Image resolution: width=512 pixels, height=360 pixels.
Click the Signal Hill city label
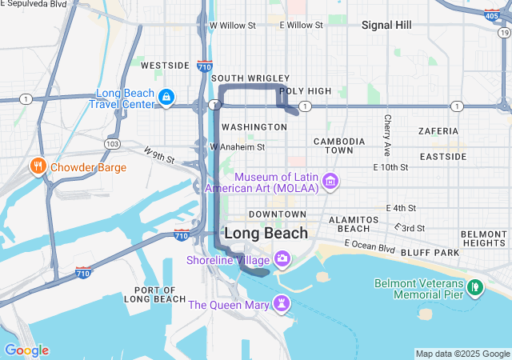[x=386, y=25]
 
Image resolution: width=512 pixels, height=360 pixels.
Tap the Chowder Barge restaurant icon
[x=37, y=167]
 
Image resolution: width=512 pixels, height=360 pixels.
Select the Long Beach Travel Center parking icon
[x=166, y=98]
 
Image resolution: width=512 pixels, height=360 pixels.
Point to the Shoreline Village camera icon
[x=282, y=259]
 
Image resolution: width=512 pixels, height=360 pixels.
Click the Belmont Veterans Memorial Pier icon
[x=475, y=286]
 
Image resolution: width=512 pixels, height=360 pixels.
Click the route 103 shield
[x=112, y=144]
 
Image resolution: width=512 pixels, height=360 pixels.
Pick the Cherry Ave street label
[x=387, y=135]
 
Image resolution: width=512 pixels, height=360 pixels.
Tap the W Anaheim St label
[x=237, y=146]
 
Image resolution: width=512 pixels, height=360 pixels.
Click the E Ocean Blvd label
[x=370, y=245]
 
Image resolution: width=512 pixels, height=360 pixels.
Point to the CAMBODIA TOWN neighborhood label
[x=339, y=145]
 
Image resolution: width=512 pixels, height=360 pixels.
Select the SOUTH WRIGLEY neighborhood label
[x=250, y=78]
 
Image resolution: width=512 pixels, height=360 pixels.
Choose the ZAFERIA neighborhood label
[x=438, y=130]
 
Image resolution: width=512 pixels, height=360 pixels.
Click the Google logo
[x=26, y=350]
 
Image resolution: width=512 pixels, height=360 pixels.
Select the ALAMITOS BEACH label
[x=353, y=224]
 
